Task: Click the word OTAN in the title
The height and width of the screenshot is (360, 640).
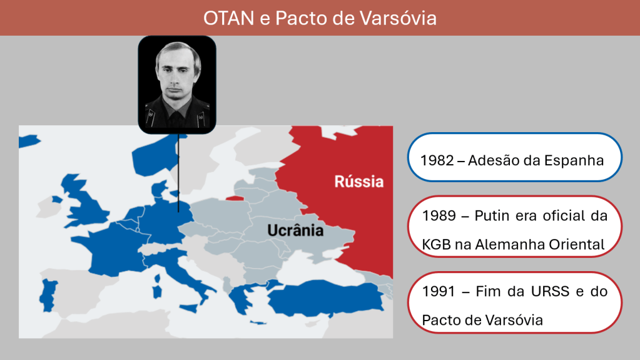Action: click(x=228, y=18)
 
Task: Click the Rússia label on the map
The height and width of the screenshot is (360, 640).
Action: click(x=358, y=182)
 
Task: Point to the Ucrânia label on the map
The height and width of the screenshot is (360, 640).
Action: click(x=295, y=230)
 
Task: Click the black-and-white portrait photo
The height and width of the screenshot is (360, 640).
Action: click(x=177, y=85)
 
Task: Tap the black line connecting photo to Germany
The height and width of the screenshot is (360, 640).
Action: click(x=178, y=173)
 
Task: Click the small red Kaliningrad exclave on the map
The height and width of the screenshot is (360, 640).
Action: click(x=235, y=198)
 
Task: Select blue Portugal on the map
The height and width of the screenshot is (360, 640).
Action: click(x=49, y=295)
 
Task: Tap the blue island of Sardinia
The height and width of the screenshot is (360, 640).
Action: click(x=157, y=291)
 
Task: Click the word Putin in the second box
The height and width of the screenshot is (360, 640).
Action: click(x=492, y=215)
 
